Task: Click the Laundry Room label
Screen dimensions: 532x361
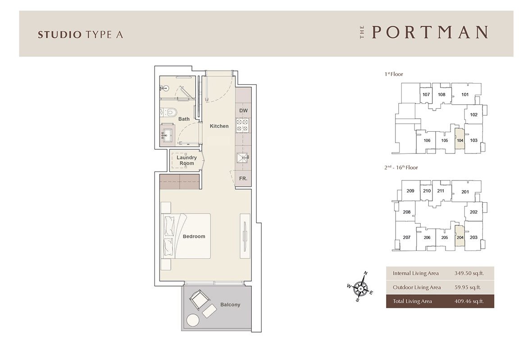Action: coord(186,161)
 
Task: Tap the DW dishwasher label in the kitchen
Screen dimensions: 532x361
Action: coord(244,111)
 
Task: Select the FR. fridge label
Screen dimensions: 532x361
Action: coord(243,178)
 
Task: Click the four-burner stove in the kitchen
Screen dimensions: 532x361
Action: coord(243,125)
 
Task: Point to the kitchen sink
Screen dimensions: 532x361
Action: coord(243,158)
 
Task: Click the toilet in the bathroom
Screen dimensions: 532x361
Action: coord(168,111)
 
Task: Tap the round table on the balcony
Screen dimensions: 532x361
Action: coord(193,320)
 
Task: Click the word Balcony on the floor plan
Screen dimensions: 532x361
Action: coord(230,305)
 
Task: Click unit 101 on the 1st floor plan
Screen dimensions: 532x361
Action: coord(465,94)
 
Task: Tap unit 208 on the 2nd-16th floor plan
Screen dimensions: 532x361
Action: coord(406,212)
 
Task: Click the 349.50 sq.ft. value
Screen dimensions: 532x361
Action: coord(469,273)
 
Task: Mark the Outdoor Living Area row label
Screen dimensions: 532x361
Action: coord(417,287)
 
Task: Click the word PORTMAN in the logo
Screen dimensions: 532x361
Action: coord(430,32)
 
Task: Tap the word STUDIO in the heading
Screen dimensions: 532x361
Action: coord(60,35)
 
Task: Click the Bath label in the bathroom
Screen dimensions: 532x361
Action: coord(184,119)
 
